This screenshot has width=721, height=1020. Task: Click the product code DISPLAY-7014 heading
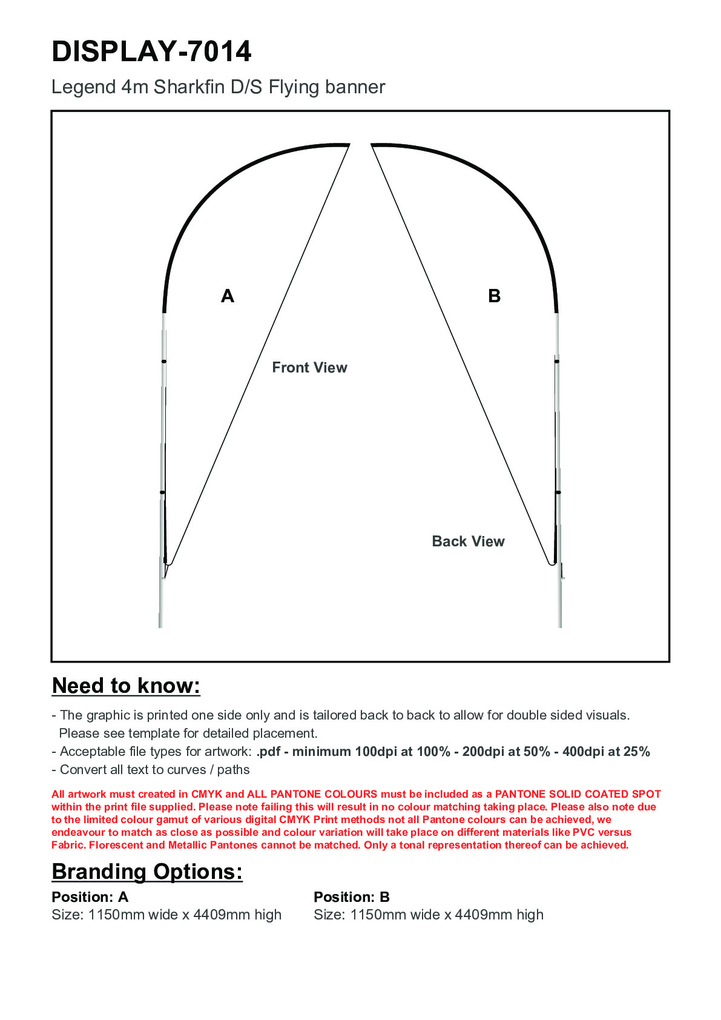click(151, 51)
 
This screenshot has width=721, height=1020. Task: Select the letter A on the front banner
click(228, 296)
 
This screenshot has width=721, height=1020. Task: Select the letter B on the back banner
click(494, 296)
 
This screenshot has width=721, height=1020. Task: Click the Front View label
click(309, 368)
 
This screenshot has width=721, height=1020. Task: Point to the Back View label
click(468, 541)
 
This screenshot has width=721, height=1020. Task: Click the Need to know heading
click(126, 686)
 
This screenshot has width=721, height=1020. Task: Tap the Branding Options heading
click(147, 872)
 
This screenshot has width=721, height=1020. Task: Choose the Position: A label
click(90, 897)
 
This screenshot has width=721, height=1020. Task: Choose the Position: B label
click(352, 897)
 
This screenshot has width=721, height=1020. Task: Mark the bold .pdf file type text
click(268, 752)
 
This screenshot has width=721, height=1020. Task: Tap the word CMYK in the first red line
click(207, 794)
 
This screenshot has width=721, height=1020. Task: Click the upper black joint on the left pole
click(163, 362)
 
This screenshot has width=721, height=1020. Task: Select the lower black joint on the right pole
click(558, 492)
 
